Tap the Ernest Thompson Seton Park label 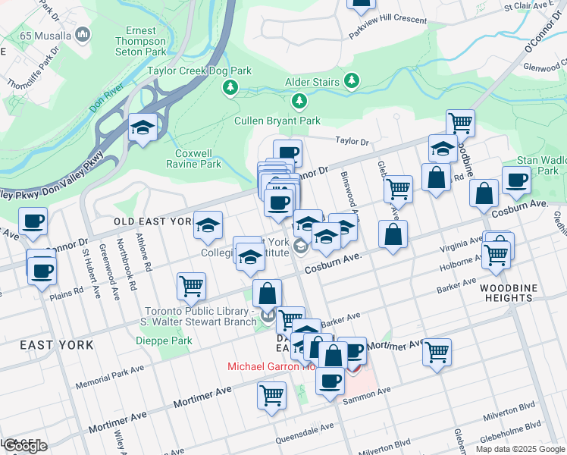tap(139, 41)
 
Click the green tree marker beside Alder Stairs tap(351, 80)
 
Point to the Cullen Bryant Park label tap(277, 121)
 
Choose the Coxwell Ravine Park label tap(193, 158)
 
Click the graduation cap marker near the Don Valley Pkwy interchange tap(142, 128)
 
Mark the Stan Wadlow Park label tap(537, 165)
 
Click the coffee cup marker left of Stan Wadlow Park tap(516, 181)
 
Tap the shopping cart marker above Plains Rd tap(191, 287)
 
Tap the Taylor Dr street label tap(352, 141)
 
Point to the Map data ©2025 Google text tap(519, 448)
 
